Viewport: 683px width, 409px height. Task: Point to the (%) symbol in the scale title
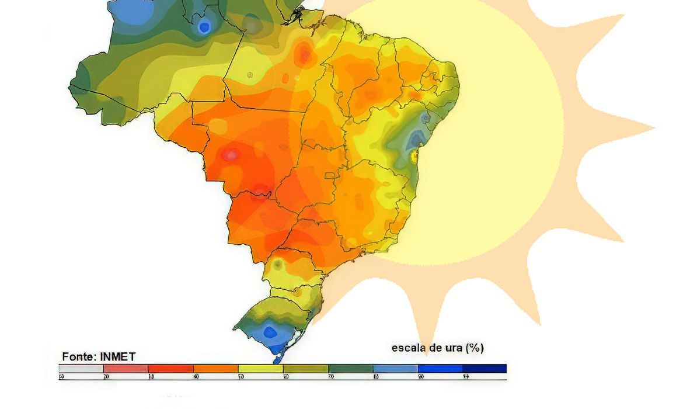point(475,348)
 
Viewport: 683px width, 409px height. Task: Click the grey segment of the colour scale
point(81,369)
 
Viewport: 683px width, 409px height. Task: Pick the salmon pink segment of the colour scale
point(126,369)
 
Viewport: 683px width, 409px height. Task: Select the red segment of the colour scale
point(170,369)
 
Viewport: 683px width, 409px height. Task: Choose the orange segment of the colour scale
point(215,369)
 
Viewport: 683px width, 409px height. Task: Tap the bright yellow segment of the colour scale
point(260,369)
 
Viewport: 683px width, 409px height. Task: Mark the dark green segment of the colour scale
point(350,369)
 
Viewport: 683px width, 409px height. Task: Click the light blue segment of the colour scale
point(395,369)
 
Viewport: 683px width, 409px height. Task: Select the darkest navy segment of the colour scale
point(485,369)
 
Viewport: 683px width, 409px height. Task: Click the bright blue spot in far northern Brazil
point(204,27)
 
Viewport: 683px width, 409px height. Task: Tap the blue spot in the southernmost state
point(270,332)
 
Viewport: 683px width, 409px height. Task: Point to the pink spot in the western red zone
point(231,155)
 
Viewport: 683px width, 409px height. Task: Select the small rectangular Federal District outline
point(330,175)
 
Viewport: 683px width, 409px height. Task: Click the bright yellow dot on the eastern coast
point(415,155)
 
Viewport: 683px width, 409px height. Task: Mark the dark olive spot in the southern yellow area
point(278,265)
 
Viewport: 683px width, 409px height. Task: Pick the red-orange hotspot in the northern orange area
point(304,56)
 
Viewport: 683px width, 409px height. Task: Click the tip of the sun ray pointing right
point(653,127)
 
